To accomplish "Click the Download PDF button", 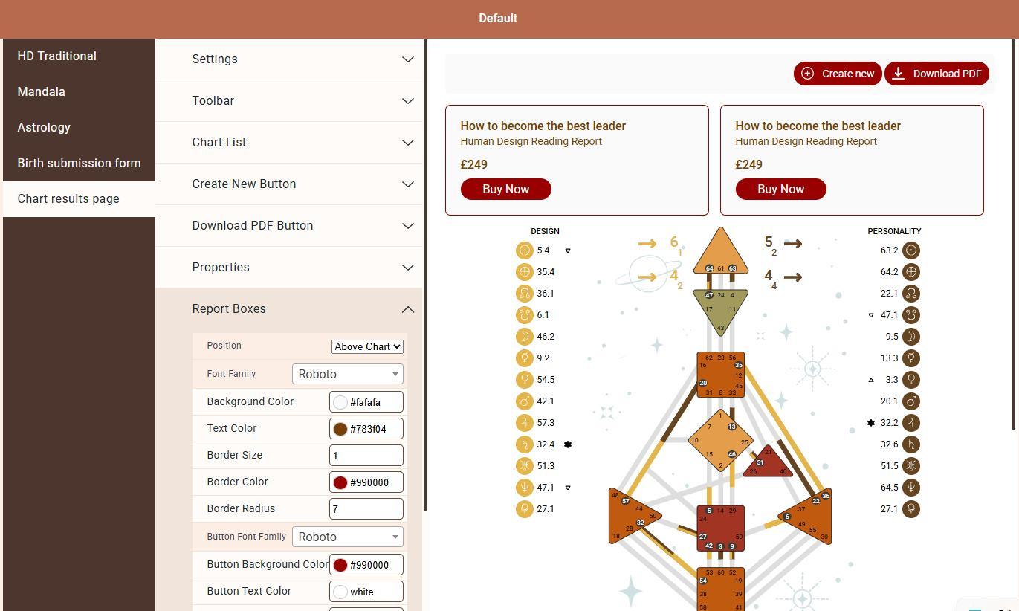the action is pyautogui.click(x=936, y=74).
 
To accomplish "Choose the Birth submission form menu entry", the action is pyautogui.click(x=79, y=163).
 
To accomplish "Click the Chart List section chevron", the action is pyautogui.click(x=408, y=143).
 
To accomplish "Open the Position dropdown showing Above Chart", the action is pyautogui.click(x=367, y=346).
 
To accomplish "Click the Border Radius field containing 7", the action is pyautogui.click(x=366, y=508).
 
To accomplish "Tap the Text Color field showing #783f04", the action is pyautogui.click(x=366, y=429).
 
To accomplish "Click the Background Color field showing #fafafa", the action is pyautogui.click(x=366, y=402).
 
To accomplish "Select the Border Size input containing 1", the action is pyautogui.click(x=366, y=456).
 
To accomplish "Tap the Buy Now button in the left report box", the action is pyautogui.click(x=506, y=190).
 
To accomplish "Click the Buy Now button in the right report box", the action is pyautogui.click(x=780, y=190).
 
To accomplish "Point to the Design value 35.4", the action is pyautogui.click(x=546, y=272).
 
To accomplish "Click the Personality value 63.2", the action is pyautogui.click(x=890, y=250).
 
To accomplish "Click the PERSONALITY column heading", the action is pyautogui.click(x=894, y=231).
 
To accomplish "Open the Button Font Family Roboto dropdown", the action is pyautogui.click(x=348, y=537).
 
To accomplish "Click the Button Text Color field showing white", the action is pyautogui.click(x=366, y=592).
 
